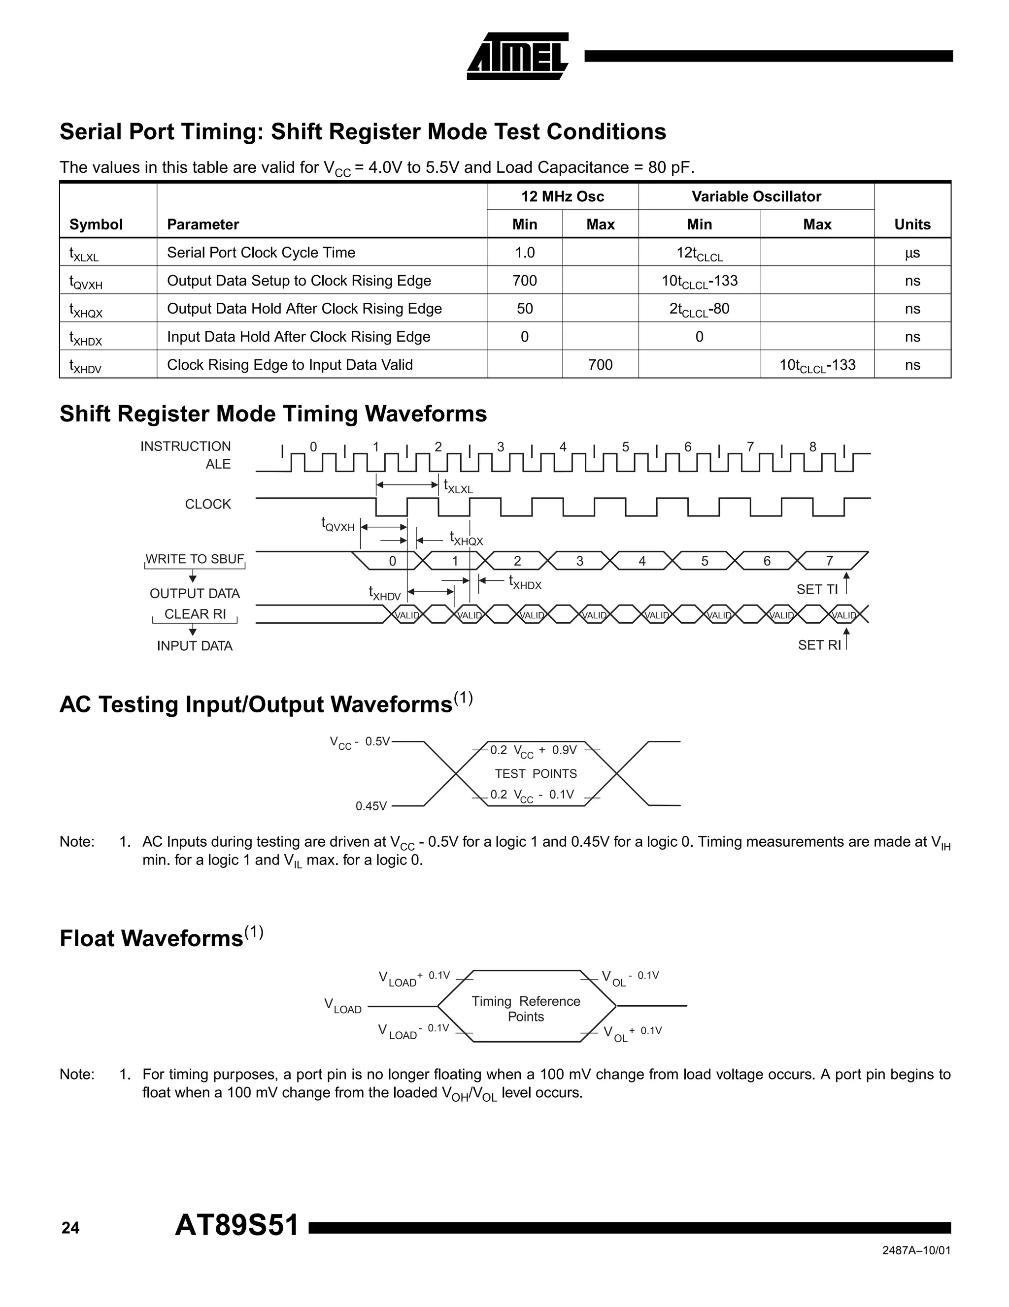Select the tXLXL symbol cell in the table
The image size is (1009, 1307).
pos(84,254)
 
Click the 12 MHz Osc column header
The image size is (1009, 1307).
pos(562,196)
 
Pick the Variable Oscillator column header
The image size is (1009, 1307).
pos(756,196)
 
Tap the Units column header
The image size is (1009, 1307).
pos(912,224)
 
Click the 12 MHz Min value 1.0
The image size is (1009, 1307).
pos(525,253)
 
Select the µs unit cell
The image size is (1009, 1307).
pos(912,253)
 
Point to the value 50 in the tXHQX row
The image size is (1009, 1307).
pos(525,309)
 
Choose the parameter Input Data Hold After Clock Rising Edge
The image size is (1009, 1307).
pos(298,336)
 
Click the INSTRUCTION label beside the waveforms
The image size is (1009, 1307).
pos(185,446)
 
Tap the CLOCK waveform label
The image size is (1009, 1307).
pos(207,504)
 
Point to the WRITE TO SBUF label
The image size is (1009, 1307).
pos(195,559)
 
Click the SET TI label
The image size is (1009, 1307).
pos(817,589)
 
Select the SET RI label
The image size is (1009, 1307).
pos(818,644)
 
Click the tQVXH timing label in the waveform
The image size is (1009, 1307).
pos(338,525)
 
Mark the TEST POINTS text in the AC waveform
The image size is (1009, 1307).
pos(536,774)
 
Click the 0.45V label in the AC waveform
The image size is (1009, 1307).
pos(371,806)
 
